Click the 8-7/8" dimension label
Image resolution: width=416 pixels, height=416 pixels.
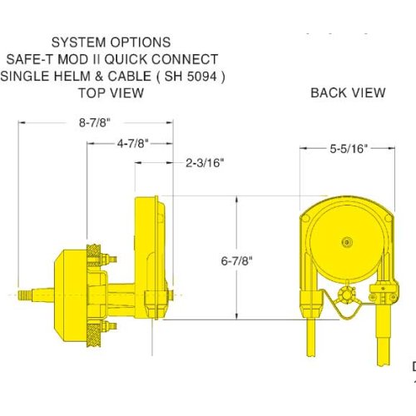[x=95, y=122]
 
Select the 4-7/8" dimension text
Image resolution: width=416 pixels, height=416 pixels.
[x=132, y=143]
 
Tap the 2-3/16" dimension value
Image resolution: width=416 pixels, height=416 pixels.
[x=205, y=162]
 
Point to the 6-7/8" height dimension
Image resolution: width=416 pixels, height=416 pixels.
[x=236, y=260]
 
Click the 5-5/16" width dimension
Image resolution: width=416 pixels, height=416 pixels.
[x=349, y=149]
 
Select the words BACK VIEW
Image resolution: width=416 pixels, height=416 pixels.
[x=348, y=92]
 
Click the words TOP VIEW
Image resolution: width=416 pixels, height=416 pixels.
[x=111, y=93]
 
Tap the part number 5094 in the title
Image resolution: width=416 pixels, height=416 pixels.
[x=201, y=77]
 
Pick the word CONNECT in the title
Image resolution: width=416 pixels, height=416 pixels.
[x=185, y=59]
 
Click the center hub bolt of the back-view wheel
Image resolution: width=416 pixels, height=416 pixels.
[x=347, y=242]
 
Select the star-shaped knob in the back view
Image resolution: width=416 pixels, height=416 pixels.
[x=346, y=295]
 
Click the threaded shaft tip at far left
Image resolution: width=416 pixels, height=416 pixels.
[x=25, y=295]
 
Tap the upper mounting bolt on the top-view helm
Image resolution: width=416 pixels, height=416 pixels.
[x=109, y=260]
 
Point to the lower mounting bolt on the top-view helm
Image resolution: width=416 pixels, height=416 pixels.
[x=109, y=326]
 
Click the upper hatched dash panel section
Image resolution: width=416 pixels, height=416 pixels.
[x=94, y=255]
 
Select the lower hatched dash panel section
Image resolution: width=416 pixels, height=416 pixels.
[x=94, y=335]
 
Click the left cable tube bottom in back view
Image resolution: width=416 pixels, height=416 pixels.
[x=310, y=352]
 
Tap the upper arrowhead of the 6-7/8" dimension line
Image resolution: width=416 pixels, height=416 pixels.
[x=236, y=199]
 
